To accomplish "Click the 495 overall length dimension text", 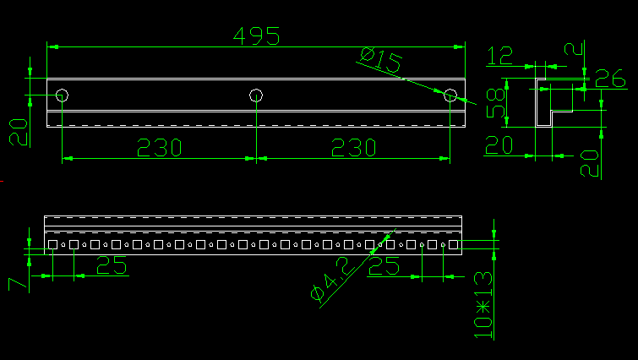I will pos(256,37).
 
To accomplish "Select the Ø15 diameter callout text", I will pos(380,61).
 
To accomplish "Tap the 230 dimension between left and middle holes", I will pos(160,148).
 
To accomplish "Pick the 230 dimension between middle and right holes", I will pos(352,148).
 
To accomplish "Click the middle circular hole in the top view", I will pos(256,95).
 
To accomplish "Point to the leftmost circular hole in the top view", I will pos(63,95).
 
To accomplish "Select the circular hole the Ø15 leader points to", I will pos(450,95).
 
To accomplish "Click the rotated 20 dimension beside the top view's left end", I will pos(18,132).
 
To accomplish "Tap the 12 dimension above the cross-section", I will pos(500,56).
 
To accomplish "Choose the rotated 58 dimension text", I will pos(496,101).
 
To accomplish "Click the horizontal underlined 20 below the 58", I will pos(499,145).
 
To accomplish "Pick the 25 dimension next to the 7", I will pos(112,266).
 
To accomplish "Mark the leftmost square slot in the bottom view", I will pos(52,245).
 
